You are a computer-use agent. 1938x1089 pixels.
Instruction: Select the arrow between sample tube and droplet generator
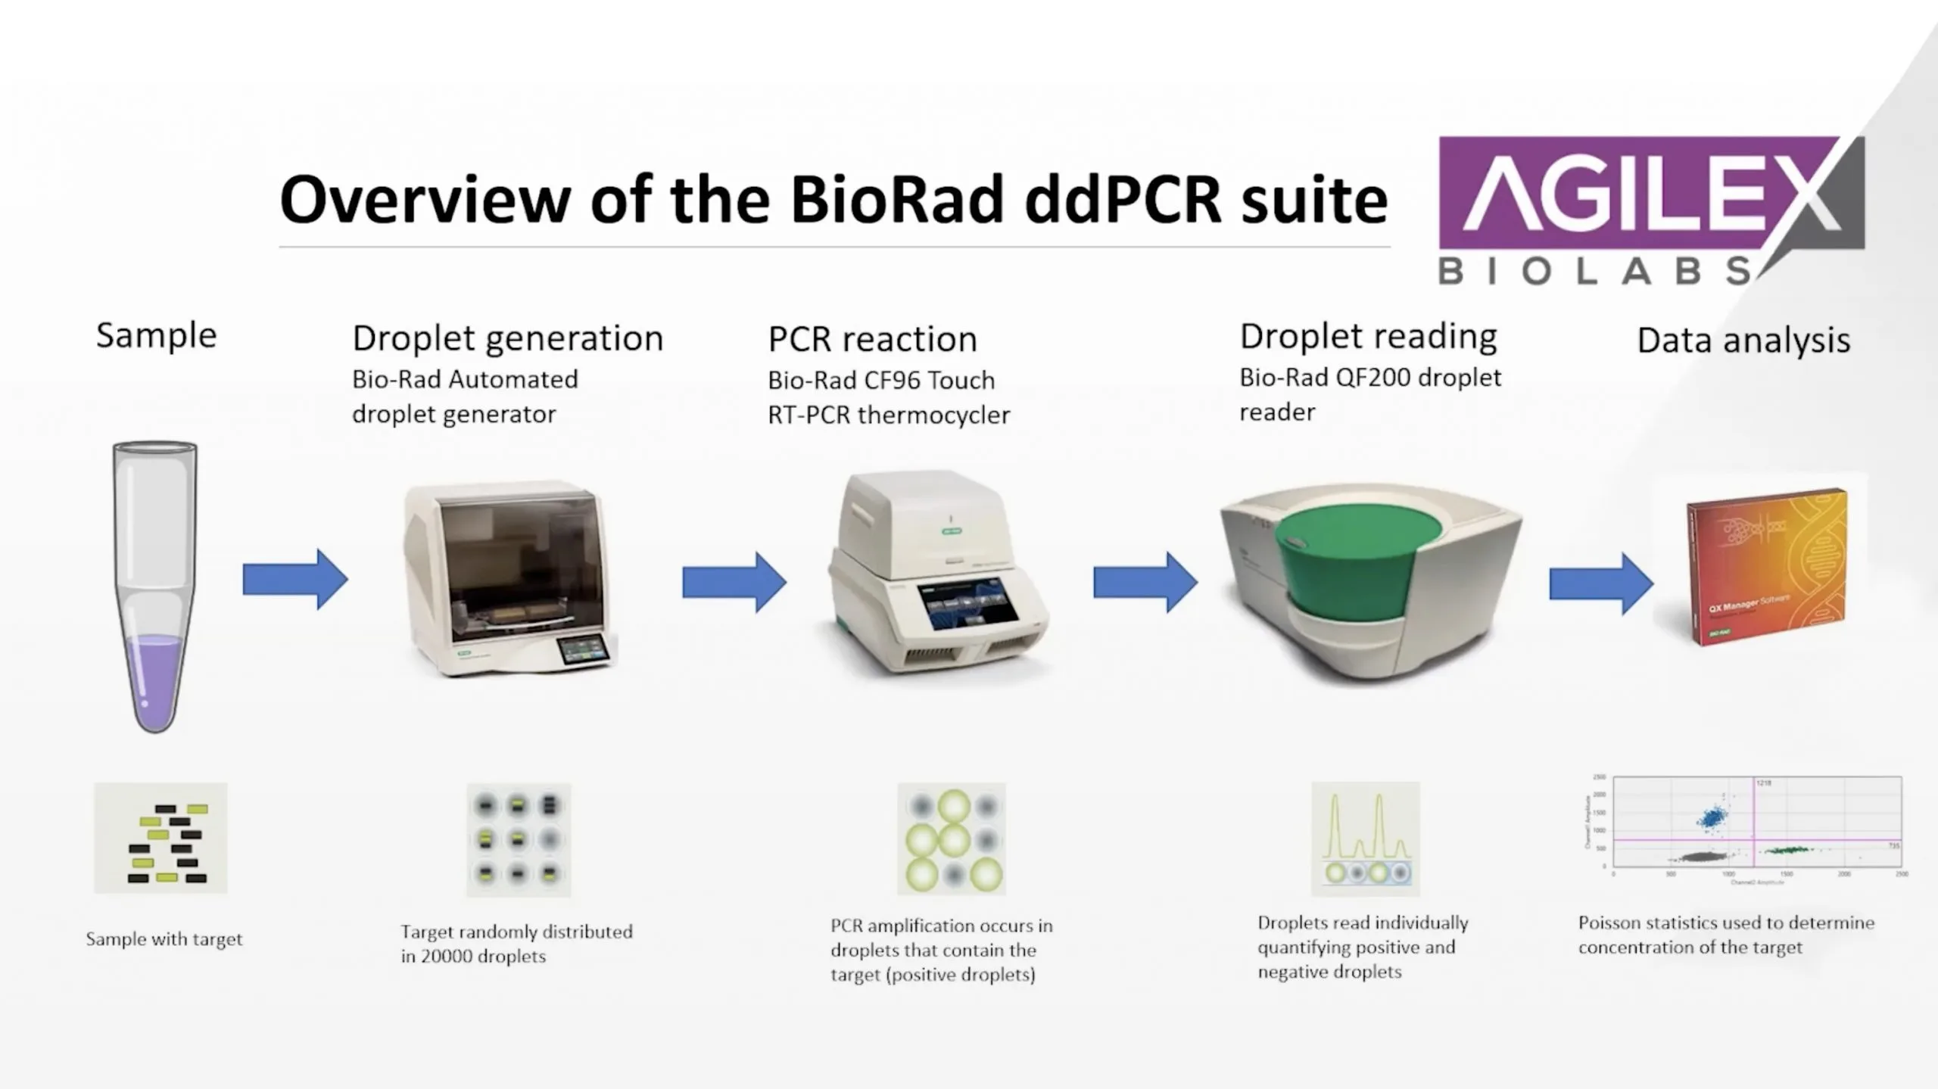pos(294,580)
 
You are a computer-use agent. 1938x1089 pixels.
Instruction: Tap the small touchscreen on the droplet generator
pos(583,650)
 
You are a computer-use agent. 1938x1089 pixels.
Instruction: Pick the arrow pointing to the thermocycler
pos(734,582)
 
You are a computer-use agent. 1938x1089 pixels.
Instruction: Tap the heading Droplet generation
pos(507,338)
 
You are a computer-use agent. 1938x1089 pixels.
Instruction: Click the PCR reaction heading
pos(872,339)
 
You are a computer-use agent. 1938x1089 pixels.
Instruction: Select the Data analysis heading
pos(1743,341)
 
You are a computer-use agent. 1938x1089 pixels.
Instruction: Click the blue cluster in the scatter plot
pos(1712,817)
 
